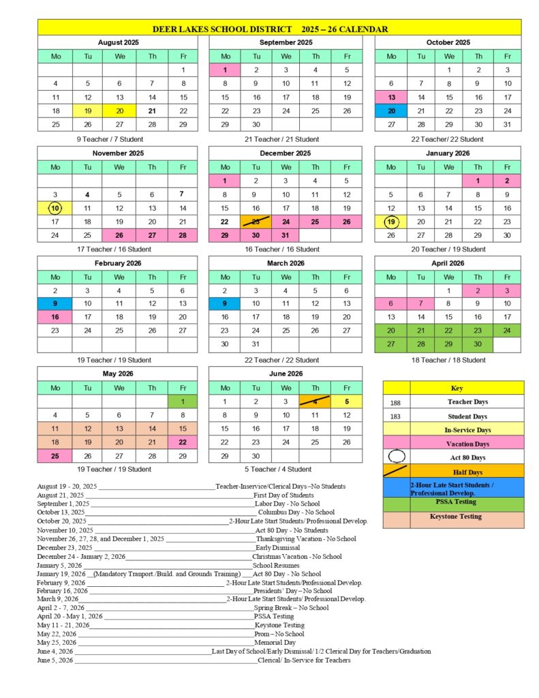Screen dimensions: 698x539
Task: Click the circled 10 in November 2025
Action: point(55,208)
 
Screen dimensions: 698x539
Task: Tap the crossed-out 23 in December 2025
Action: point(256,222)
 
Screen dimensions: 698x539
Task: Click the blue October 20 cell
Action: point(391,111)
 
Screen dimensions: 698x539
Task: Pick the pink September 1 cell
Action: point(226,70)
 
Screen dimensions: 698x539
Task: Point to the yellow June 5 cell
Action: point(347,401)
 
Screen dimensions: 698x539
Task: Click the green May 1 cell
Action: point(183,401)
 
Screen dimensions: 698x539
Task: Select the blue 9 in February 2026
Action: point(55,303)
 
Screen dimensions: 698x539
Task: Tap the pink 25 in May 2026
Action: point(55,455)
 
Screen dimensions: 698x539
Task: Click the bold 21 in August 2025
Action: point(153,111)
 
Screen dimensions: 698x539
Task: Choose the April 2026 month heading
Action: point(448,262)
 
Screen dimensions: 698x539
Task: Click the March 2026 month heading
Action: point(286,262)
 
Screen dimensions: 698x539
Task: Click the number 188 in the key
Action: point(396,403)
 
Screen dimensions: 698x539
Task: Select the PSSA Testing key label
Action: point(466,502)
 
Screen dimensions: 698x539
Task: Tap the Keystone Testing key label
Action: point(466,517)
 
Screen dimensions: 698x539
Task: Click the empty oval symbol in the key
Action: point(397,457)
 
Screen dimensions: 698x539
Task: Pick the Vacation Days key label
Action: point(467,444)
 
